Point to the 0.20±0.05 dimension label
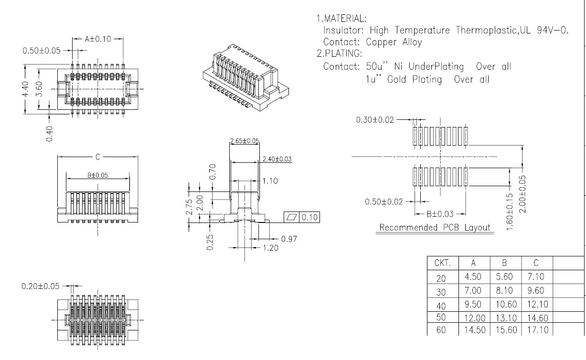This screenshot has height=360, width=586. click(41, 286)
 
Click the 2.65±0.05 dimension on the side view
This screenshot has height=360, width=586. click(245, 141)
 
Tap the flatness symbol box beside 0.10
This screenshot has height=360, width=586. click(291, 218)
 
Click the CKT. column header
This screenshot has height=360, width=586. click(442, 263)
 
